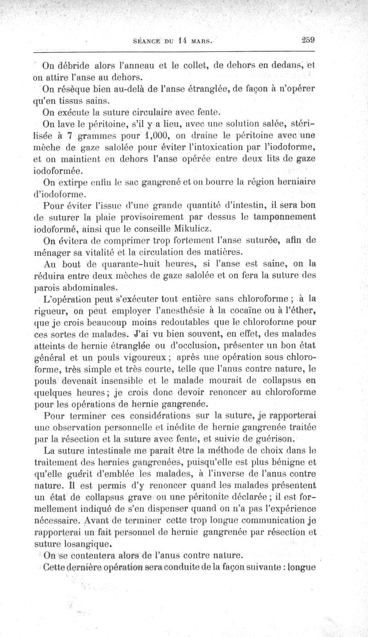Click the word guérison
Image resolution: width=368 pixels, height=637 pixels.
[274, 436]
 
